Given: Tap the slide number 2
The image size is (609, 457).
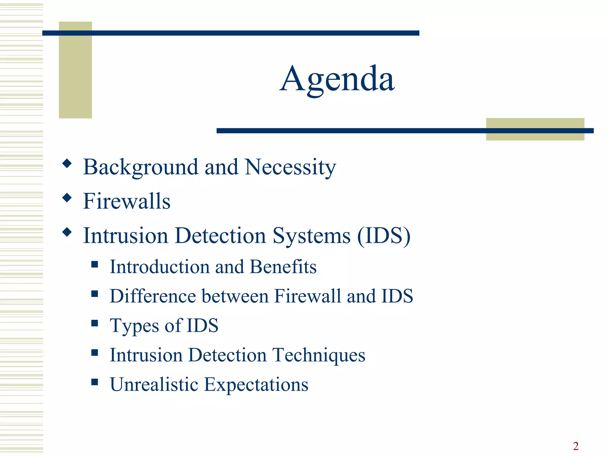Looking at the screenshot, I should (576, 446).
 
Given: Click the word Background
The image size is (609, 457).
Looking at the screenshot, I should (140, 167).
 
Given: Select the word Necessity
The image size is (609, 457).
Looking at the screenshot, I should (290, 167).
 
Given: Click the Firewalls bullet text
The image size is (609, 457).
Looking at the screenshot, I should (127, 201).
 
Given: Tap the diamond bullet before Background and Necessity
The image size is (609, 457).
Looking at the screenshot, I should (67, 163).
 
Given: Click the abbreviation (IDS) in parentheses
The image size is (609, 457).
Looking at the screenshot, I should (384, 236).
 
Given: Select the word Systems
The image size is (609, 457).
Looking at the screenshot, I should (312, 236).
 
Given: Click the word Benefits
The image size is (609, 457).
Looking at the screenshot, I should (283, 267).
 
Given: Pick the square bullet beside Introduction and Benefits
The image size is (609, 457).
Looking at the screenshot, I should (95, 264).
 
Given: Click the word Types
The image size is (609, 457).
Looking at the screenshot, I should (134, 326).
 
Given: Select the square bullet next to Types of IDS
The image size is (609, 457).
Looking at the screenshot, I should (95, 323).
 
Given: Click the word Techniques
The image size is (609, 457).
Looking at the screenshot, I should (319, 355).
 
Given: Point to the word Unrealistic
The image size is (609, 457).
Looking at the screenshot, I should (154, 384).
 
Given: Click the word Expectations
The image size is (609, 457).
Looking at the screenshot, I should (256, 384).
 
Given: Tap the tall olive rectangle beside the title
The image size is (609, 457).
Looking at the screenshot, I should (75, 74).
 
